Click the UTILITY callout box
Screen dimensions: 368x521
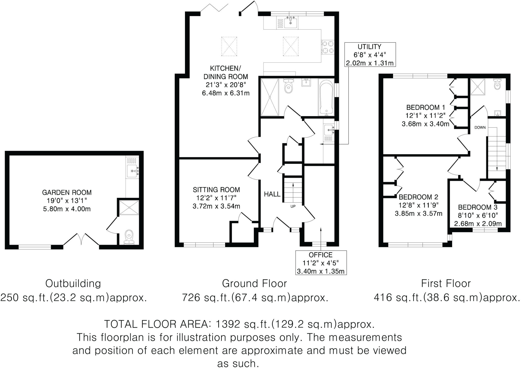tap(370, 54)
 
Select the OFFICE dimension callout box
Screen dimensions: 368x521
tap(321, 263)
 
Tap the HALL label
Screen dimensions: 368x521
tap(272, 194)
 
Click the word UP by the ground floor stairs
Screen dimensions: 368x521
tap(293, 206)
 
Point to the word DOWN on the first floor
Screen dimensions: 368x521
tap(480, 128)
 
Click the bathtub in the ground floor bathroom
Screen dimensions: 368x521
tap(326, 97)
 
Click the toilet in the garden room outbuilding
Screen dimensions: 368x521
tap(129, 236)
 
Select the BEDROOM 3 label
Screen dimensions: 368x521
tap(477, 207)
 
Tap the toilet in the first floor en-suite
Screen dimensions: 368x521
tap(497, 85)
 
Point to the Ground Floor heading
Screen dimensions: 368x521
tap(254, 284)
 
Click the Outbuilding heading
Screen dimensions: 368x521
tap(73, 284)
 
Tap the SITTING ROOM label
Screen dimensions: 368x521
tap(216, 190)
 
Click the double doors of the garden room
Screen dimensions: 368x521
tap(81, 239)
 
